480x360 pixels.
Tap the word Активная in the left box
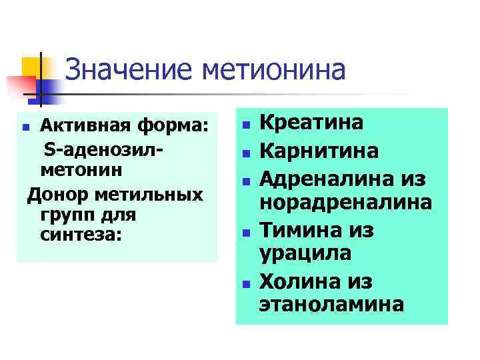pyautogui.click(x=81, y=125)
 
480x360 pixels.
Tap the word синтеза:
pyautogui.click(x=81, y=235)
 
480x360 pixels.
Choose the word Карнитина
pyautogui.click(x=319, y=151)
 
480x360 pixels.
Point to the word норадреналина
pyautogui.click(x=345, y=201)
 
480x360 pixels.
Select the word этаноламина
pyautogui.click(x=331, y=305)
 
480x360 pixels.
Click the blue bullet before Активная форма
pyautogui.click(x=25, y=127)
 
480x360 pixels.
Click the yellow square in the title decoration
pyautogui.click(x=32, y=67)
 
